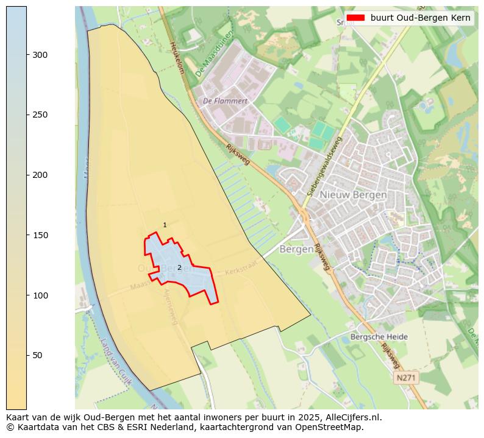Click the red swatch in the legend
click(x=355, y=18)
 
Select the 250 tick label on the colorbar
click(x=40, y=115)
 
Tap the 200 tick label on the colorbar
click(x=40, y=175)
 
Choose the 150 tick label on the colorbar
click(x=40, y=235)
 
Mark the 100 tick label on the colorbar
click(x=40, y=295)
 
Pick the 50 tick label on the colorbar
click(x=38, y=355)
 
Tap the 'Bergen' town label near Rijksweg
click(x=296, y=249)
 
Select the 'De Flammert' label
click(x=225, y=101)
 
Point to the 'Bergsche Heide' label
click(x=379, y=337)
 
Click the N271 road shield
click(x=407, y=378)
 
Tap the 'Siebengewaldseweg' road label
click(x=325, y=166)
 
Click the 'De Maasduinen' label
click(x=215, y=54)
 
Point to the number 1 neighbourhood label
click(x=165, y=225)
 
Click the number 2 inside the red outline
click(x=179, y=267)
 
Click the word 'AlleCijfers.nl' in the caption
click(x=352, y=417)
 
